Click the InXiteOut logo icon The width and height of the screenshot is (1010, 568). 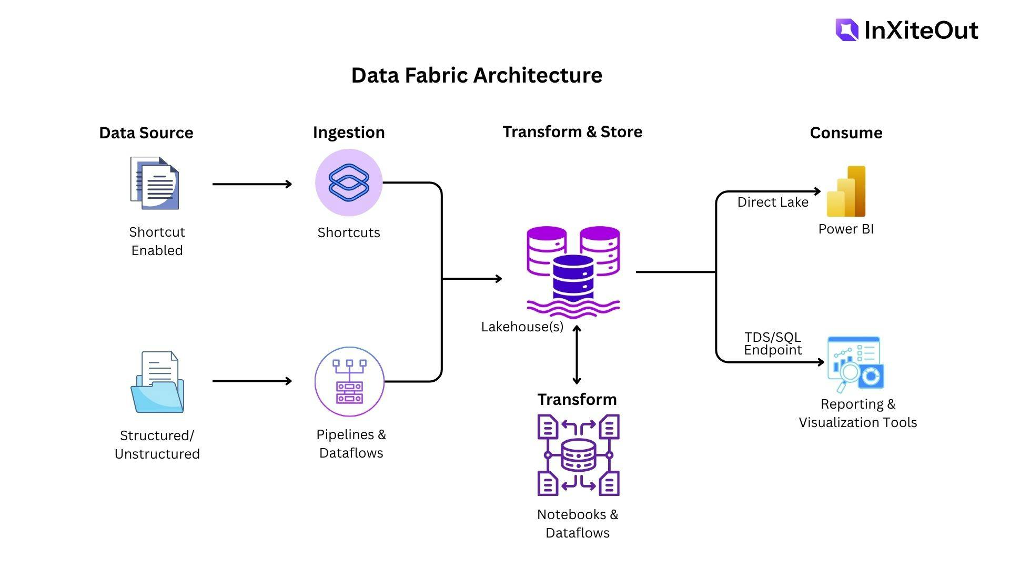coord(846,30)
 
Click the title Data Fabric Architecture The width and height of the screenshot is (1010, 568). coord(477,75)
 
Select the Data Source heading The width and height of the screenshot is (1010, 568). coord(146,133)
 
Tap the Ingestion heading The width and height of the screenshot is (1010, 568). coord(349,132)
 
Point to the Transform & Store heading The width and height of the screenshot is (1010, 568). coord(572,131)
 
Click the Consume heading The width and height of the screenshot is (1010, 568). coord(846,133)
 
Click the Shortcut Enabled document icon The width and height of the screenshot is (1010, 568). coord(155,183)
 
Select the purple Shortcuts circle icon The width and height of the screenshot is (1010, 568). coord(349,182)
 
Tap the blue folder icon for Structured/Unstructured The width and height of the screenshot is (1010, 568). coord(157,383)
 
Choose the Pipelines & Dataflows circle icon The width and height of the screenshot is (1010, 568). coord(349,381)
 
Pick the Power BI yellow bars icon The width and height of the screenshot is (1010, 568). coord(846,191)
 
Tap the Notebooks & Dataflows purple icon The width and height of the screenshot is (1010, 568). coord(578,455)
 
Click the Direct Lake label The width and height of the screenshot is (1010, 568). coord(772,202)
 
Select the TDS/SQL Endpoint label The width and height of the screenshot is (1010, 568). coord(772,343)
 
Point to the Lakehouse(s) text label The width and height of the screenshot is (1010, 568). coord(522,327)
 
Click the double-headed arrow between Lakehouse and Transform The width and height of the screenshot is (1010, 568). coord(577,355)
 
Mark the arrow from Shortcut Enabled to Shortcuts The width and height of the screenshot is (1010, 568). coord(252,184)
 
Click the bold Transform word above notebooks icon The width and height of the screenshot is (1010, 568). coord(577,399)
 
